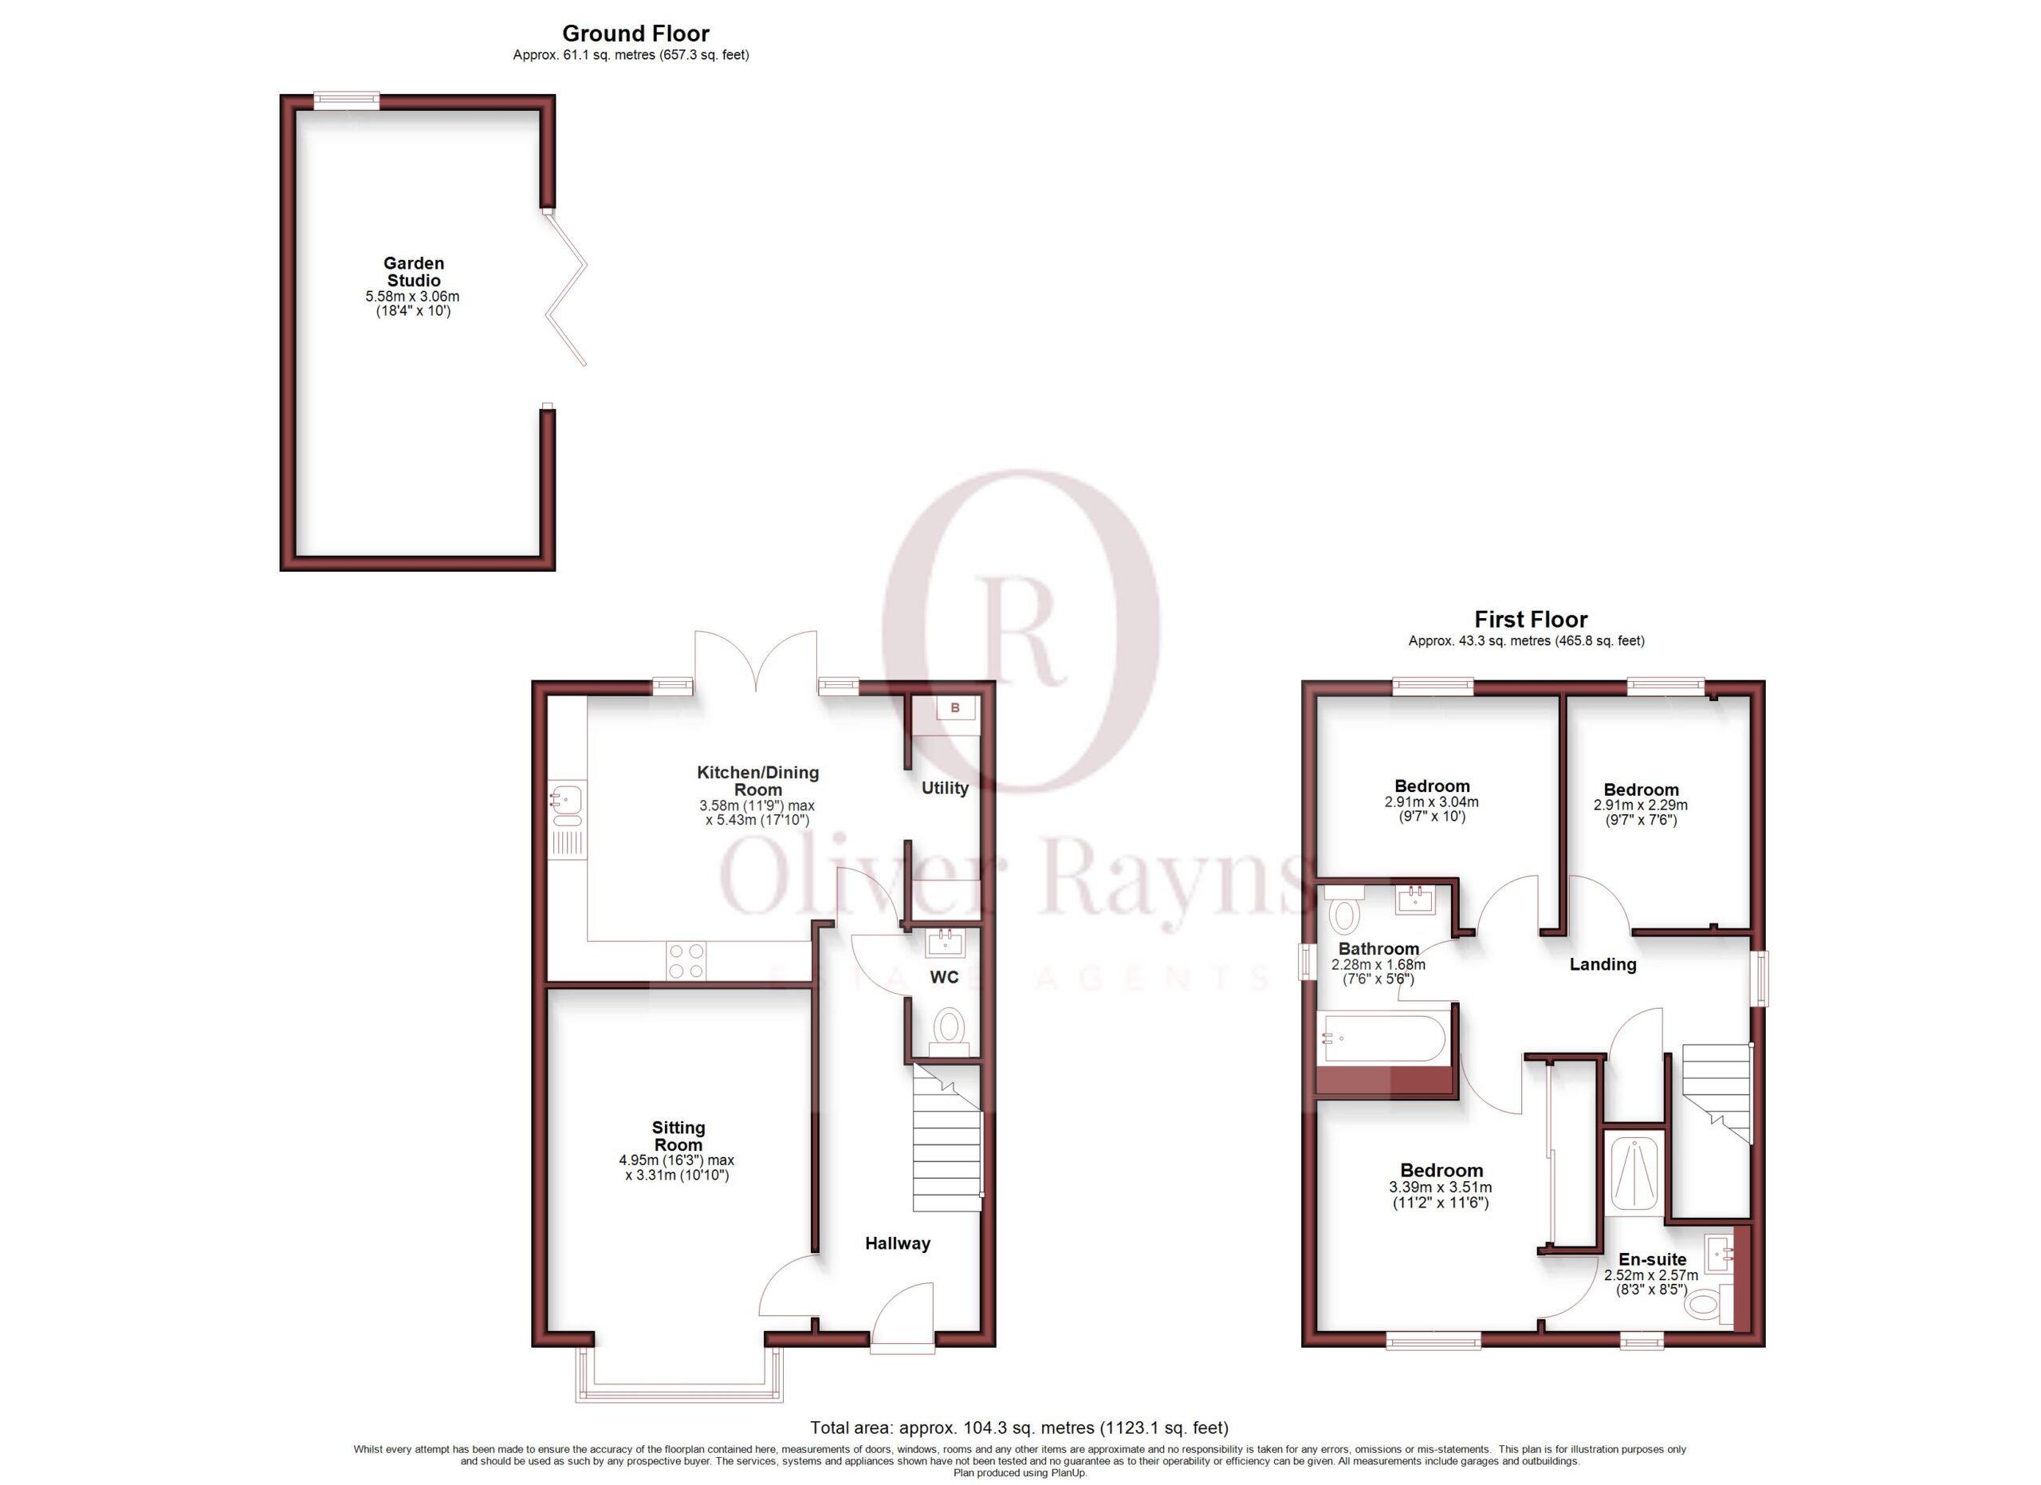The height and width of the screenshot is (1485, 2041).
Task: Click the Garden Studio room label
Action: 414,272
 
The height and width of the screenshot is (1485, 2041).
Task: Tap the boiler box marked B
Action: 955,707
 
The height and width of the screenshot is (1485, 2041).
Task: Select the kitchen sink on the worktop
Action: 567,806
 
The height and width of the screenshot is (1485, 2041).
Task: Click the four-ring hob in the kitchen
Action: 686,960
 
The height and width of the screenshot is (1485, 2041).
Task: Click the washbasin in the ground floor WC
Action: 945,943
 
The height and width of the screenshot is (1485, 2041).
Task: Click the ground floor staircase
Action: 946,1139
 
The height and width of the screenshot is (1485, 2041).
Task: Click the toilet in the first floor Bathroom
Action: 1344,909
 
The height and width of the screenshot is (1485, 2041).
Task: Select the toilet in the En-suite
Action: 1706,1302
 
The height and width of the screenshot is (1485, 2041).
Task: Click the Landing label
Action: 1603,965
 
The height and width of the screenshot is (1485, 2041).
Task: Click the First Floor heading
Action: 1531,619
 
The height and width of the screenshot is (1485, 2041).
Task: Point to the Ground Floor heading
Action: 635,33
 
